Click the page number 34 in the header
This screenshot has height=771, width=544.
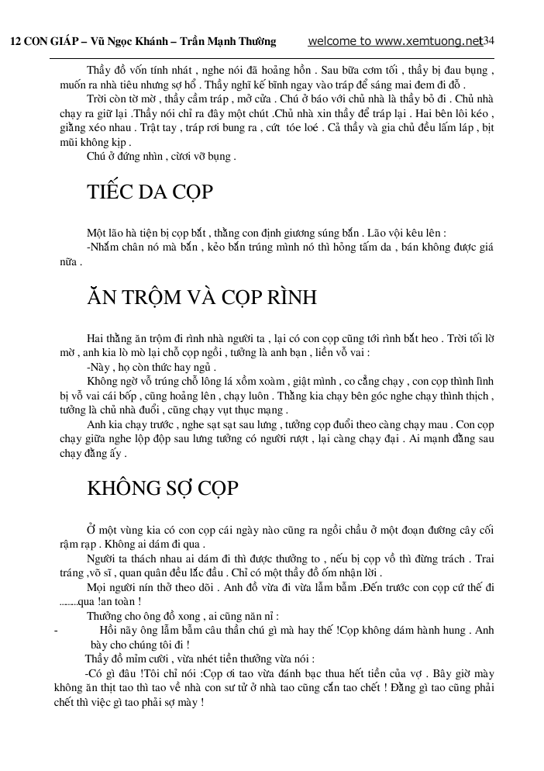[489, 41]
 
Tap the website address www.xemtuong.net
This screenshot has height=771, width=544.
[426, 41]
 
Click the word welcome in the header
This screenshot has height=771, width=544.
[333, 41]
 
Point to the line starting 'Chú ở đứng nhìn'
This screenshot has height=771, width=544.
[160, 156]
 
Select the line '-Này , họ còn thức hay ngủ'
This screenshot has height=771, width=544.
[151, 367]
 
